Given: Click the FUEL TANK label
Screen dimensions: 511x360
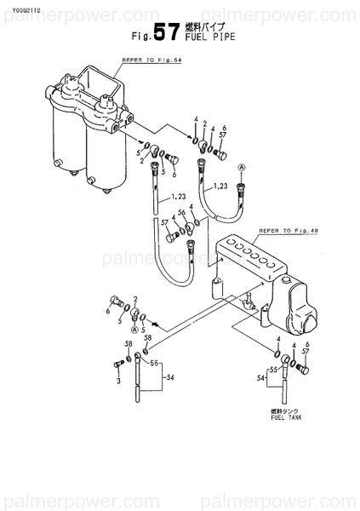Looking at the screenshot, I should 283,417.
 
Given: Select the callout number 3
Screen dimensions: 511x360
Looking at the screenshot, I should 117,380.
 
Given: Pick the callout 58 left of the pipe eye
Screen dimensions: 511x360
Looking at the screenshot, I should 129,343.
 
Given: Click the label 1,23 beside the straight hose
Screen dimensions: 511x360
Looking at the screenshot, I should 177,198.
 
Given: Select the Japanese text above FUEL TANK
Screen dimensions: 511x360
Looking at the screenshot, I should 283,410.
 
